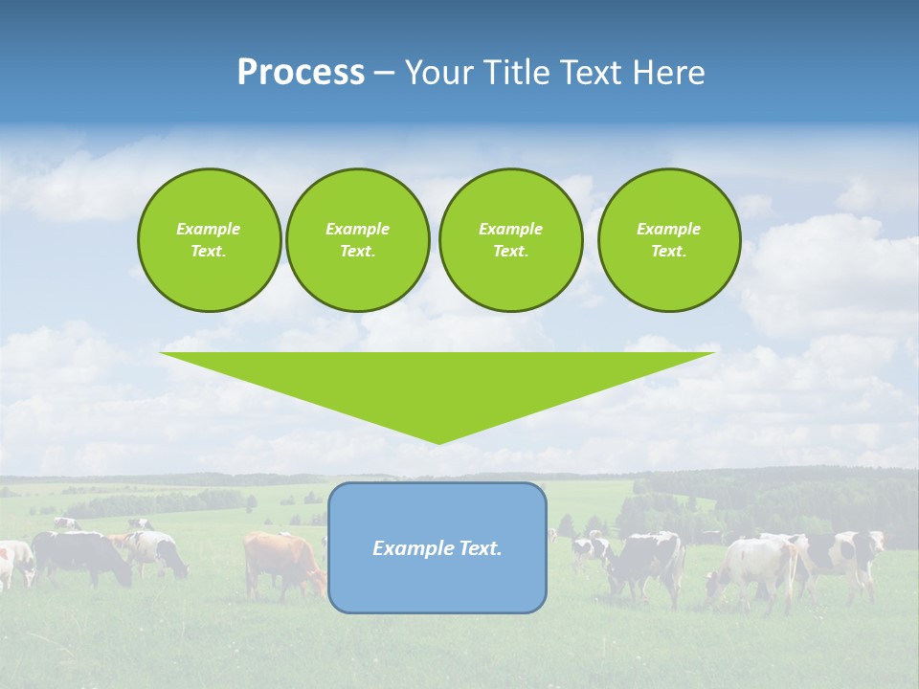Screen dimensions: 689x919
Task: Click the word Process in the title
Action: coord(301,73)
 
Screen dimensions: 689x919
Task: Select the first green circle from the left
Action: coord(209,240)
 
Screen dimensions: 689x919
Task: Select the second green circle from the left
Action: coord(357,240)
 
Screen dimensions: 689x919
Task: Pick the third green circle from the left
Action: coord(510,240)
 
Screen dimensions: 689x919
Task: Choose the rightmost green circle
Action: coord(668,240)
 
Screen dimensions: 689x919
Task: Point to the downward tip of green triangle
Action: coord(438,442)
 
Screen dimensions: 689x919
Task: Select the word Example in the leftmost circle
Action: coord(209,229)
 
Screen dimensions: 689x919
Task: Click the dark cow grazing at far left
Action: coord(81,555)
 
